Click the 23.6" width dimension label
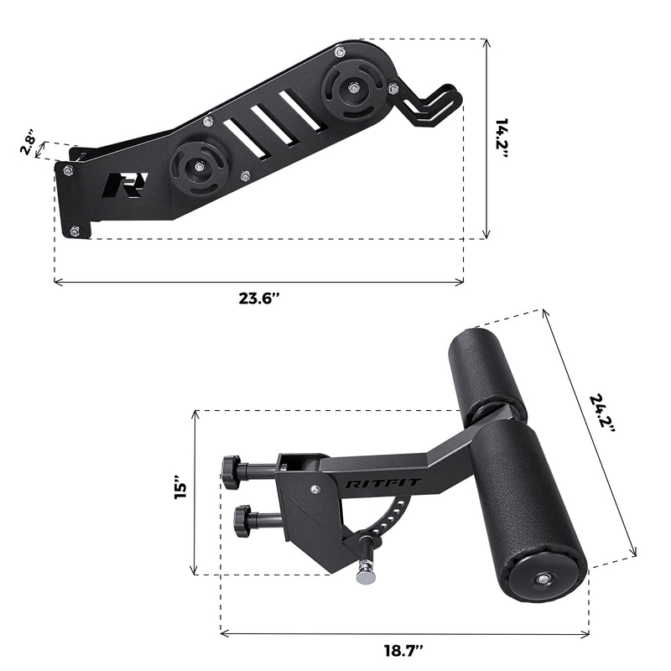click(x=259, y=298)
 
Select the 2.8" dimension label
click(x=29, y=142)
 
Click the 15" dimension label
click(x=178, y=492)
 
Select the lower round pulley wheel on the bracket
click(x=198, y=169)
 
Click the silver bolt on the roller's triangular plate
click(x=315, y=492)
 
